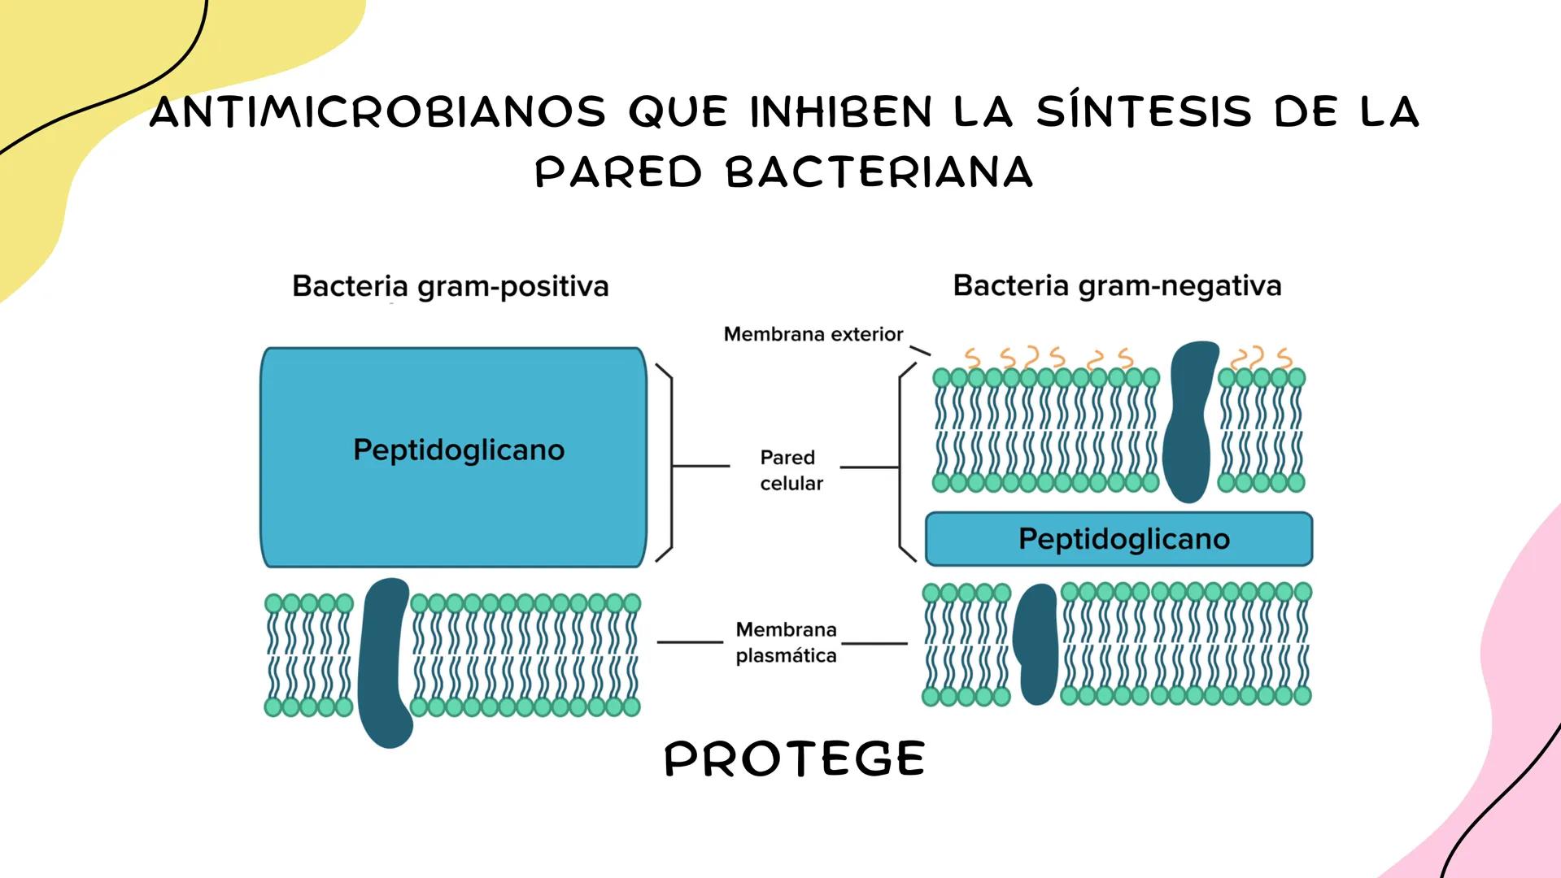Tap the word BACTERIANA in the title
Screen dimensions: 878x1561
click(879, 173)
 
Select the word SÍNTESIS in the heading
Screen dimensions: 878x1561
click(1143, 112)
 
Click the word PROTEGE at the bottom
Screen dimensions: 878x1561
click(795, 759)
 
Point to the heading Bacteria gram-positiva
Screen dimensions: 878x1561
click(450, 286)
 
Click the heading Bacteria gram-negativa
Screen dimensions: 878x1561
click(1117, 285)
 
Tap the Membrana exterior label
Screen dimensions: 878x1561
click(813, 334)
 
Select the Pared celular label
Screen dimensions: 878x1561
click(789, 470)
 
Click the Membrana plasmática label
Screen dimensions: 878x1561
click(786, 642)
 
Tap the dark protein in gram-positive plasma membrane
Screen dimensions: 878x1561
click(384, 663)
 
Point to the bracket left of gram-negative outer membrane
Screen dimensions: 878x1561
click(900, 463)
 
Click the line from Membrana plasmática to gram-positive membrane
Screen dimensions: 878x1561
click(690, 642)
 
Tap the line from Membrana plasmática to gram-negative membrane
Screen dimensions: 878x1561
click(874, 643)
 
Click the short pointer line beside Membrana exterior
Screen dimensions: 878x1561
click(919, 350)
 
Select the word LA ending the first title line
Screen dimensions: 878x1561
click(1389, 112)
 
